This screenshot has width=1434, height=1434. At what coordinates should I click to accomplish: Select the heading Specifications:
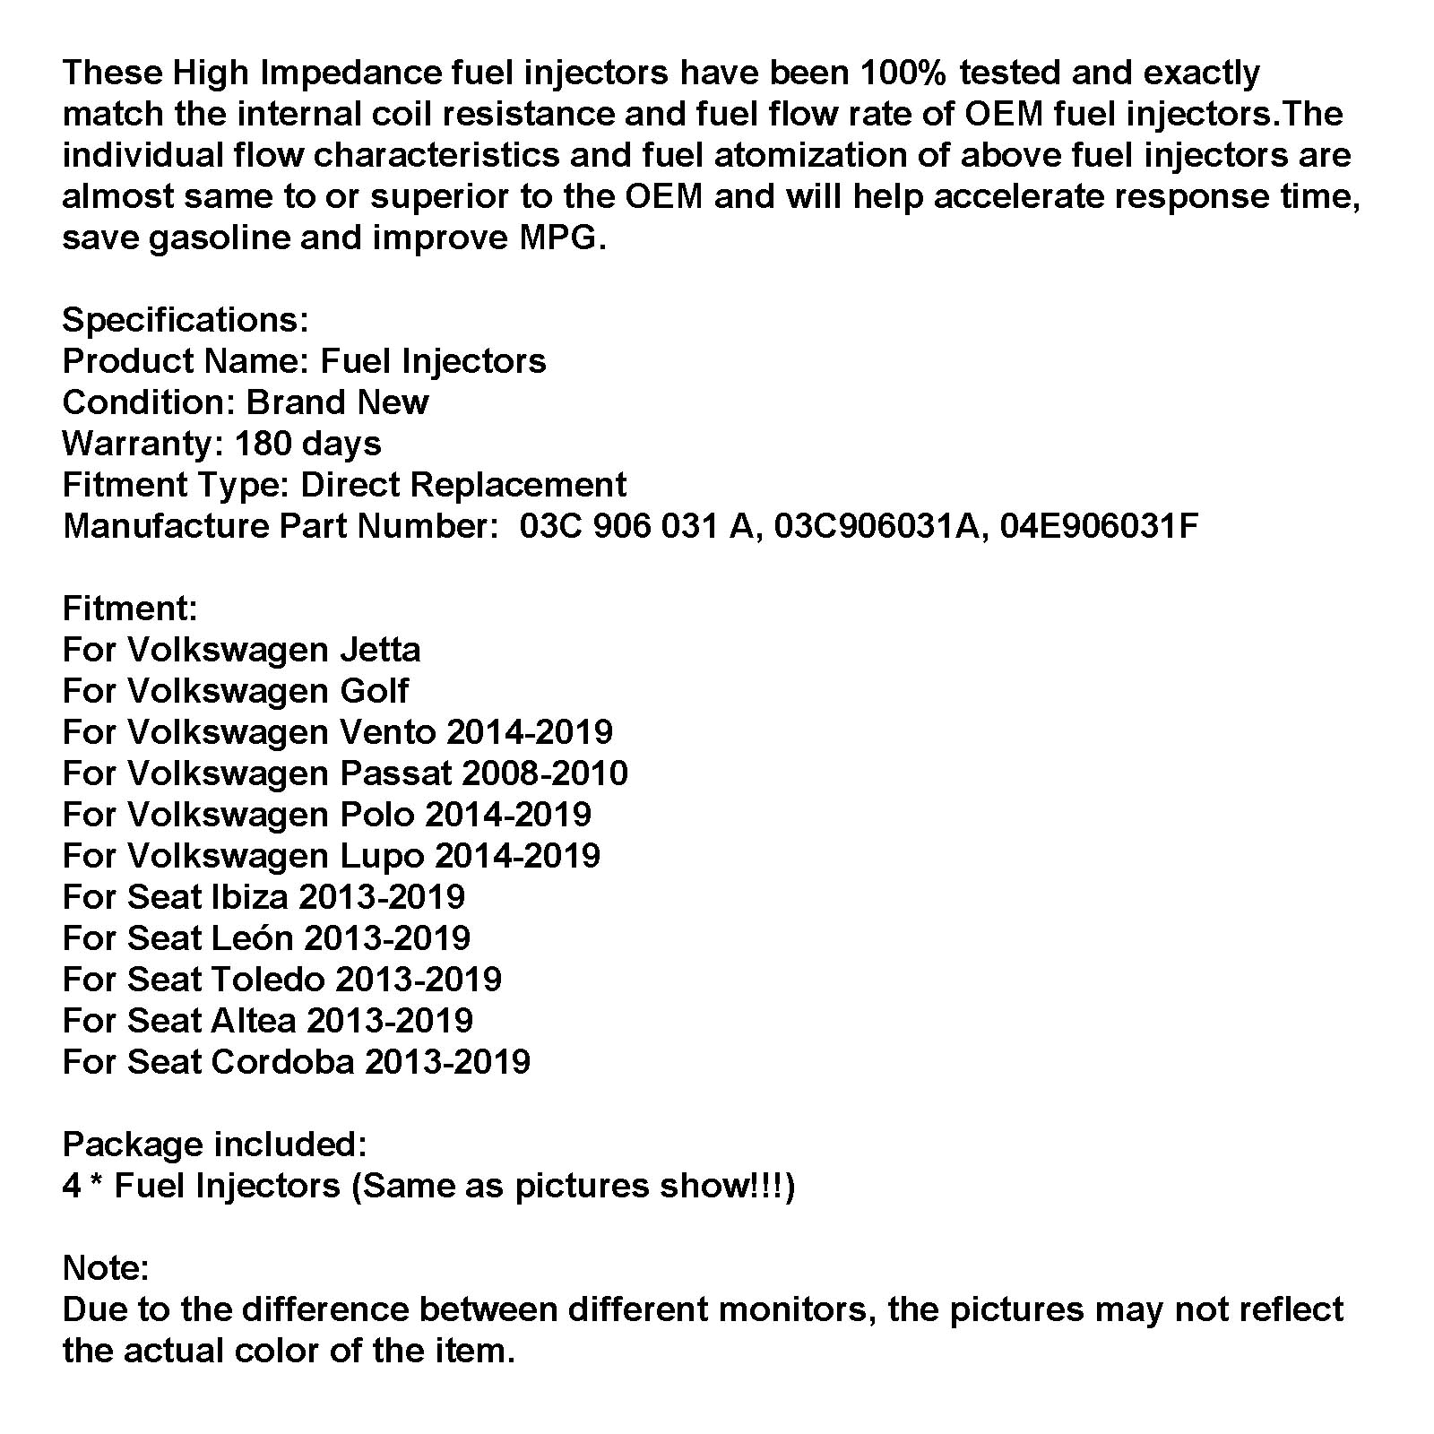click(186, 320)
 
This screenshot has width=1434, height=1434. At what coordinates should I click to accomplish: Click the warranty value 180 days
click(307, 444)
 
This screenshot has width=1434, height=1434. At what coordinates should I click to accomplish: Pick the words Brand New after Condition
click(337, 402)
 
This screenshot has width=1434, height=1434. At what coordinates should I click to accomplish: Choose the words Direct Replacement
click(463, 485)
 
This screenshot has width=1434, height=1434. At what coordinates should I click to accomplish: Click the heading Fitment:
click(130, 609)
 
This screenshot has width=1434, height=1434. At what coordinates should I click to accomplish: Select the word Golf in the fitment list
click(374, 691)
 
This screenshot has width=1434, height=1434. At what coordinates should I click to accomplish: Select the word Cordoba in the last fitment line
click(282, 1062)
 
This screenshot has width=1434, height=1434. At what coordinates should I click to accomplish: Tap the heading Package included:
click(214, 1145)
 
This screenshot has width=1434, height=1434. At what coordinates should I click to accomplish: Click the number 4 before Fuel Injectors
click(72, 1186)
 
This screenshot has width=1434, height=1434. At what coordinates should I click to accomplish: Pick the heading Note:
click(106, 1268)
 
